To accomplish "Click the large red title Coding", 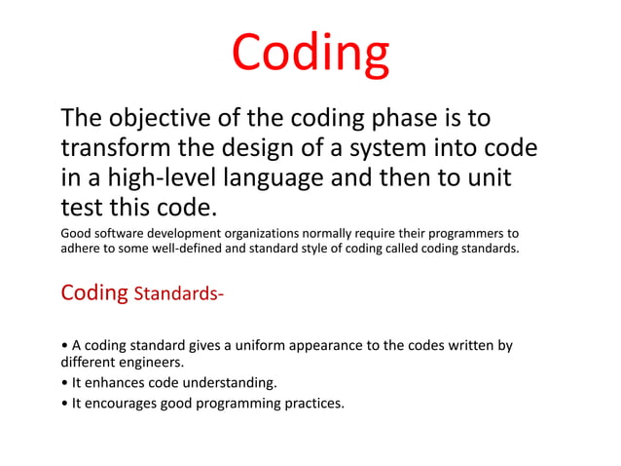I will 310,56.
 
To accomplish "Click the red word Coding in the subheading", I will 93,292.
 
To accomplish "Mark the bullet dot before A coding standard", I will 64,346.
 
